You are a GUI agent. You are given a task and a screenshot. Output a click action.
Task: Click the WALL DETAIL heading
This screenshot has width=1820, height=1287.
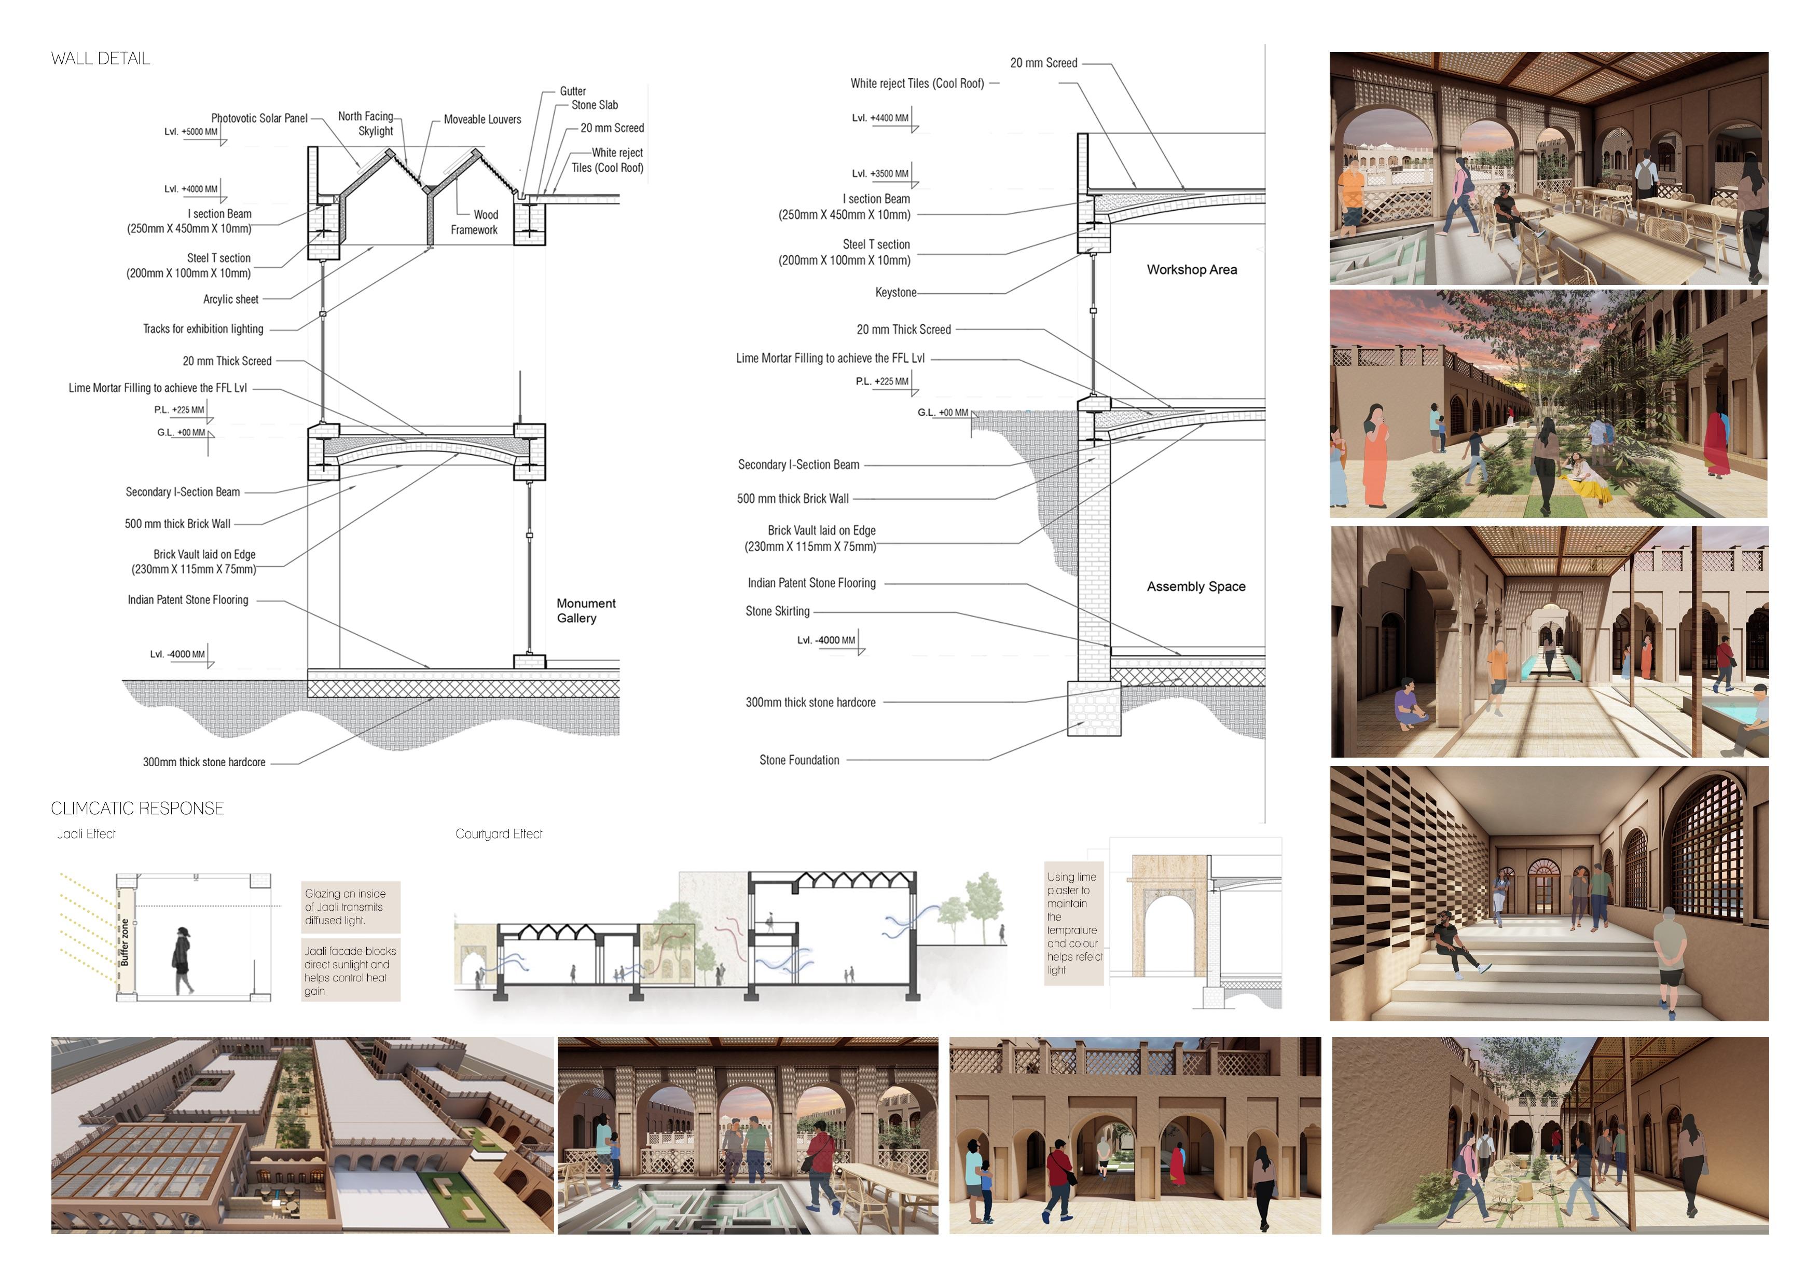[100, 59]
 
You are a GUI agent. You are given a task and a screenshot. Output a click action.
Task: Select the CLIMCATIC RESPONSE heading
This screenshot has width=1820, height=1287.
[137, 808]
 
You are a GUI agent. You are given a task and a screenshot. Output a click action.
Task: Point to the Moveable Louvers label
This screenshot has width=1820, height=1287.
[482, 120]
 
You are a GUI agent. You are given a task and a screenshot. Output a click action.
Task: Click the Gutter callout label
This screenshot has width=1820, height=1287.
[572, 91]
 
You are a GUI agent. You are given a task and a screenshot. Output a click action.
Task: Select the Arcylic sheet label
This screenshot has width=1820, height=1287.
[231, 299]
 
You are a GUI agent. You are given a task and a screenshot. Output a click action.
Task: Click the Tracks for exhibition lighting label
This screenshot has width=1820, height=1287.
[203, 328]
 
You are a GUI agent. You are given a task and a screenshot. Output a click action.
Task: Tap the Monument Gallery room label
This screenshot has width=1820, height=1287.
[586, 611]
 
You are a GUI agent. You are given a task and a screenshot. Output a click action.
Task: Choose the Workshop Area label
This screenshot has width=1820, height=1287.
[1191, 270]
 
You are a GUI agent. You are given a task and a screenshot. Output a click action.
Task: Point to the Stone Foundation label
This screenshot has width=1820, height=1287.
[799, 760]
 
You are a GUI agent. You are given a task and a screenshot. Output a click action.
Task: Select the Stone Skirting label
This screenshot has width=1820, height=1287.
[778, 611]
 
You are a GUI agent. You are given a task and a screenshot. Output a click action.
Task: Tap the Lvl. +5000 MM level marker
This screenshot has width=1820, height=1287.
[191, 132]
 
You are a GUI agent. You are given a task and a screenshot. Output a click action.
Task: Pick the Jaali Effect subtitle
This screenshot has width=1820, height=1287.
[87, 833]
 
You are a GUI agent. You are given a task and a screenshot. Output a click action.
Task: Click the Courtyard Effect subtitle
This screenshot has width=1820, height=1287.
[499, 833]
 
